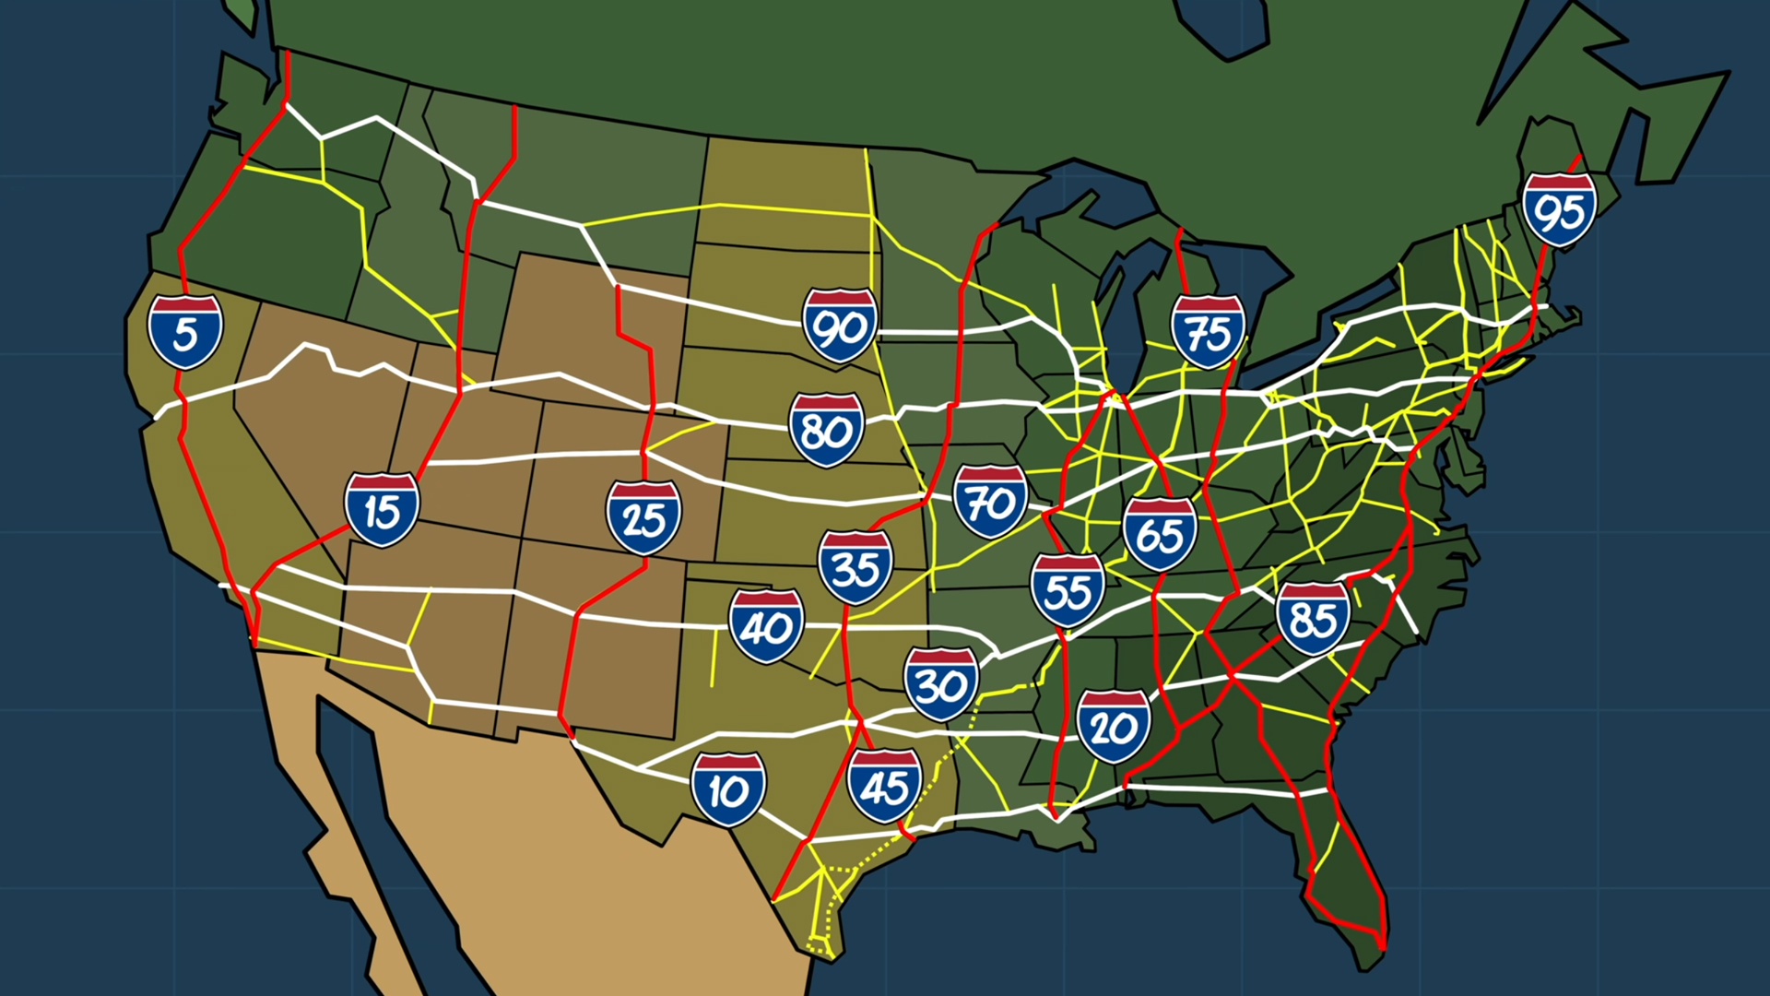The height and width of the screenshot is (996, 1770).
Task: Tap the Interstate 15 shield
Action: (382, 510)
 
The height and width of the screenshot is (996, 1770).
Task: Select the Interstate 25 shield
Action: (643, 517)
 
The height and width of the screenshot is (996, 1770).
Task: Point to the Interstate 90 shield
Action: (840, 325)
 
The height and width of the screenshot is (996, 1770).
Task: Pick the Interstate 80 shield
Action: (826, 430)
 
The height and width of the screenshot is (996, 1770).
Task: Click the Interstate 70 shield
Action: (990, 501)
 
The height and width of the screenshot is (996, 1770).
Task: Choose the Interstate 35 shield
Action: (855, 567)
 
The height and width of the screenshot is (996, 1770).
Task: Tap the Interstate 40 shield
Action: (766, 626)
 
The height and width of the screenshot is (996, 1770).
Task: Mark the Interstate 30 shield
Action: (940, 683)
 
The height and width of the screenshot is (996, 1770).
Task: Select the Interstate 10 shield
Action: (728, 788)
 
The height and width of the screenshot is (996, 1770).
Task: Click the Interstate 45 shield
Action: (884, 785)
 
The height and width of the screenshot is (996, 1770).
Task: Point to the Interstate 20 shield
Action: (1114, 726)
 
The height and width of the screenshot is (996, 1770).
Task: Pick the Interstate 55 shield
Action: (1068, 590)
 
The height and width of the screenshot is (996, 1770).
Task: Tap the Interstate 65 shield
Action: (1160, 533)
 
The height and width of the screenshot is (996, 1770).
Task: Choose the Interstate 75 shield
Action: (1208, 331)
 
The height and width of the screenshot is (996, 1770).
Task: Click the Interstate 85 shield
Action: (1313, 618)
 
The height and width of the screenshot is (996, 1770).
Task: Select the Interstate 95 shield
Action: (1559, 209)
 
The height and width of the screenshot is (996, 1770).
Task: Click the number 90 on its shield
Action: (840, 328)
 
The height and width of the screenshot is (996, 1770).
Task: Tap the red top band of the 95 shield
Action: (1559, 182)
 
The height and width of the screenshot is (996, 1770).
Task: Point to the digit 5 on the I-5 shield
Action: (185, 336)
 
